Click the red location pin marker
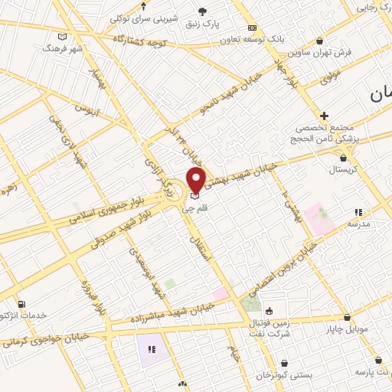(x=196, y=181)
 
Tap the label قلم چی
(x=194, y=207)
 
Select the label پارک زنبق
(x=203, y=23)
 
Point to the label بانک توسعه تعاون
(x=257, y=38)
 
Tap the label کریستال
(x=342, y=168)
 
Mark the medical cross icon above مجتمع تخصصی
(x=325, y=115)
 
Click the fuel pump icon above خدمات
(x=21, y=303)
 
